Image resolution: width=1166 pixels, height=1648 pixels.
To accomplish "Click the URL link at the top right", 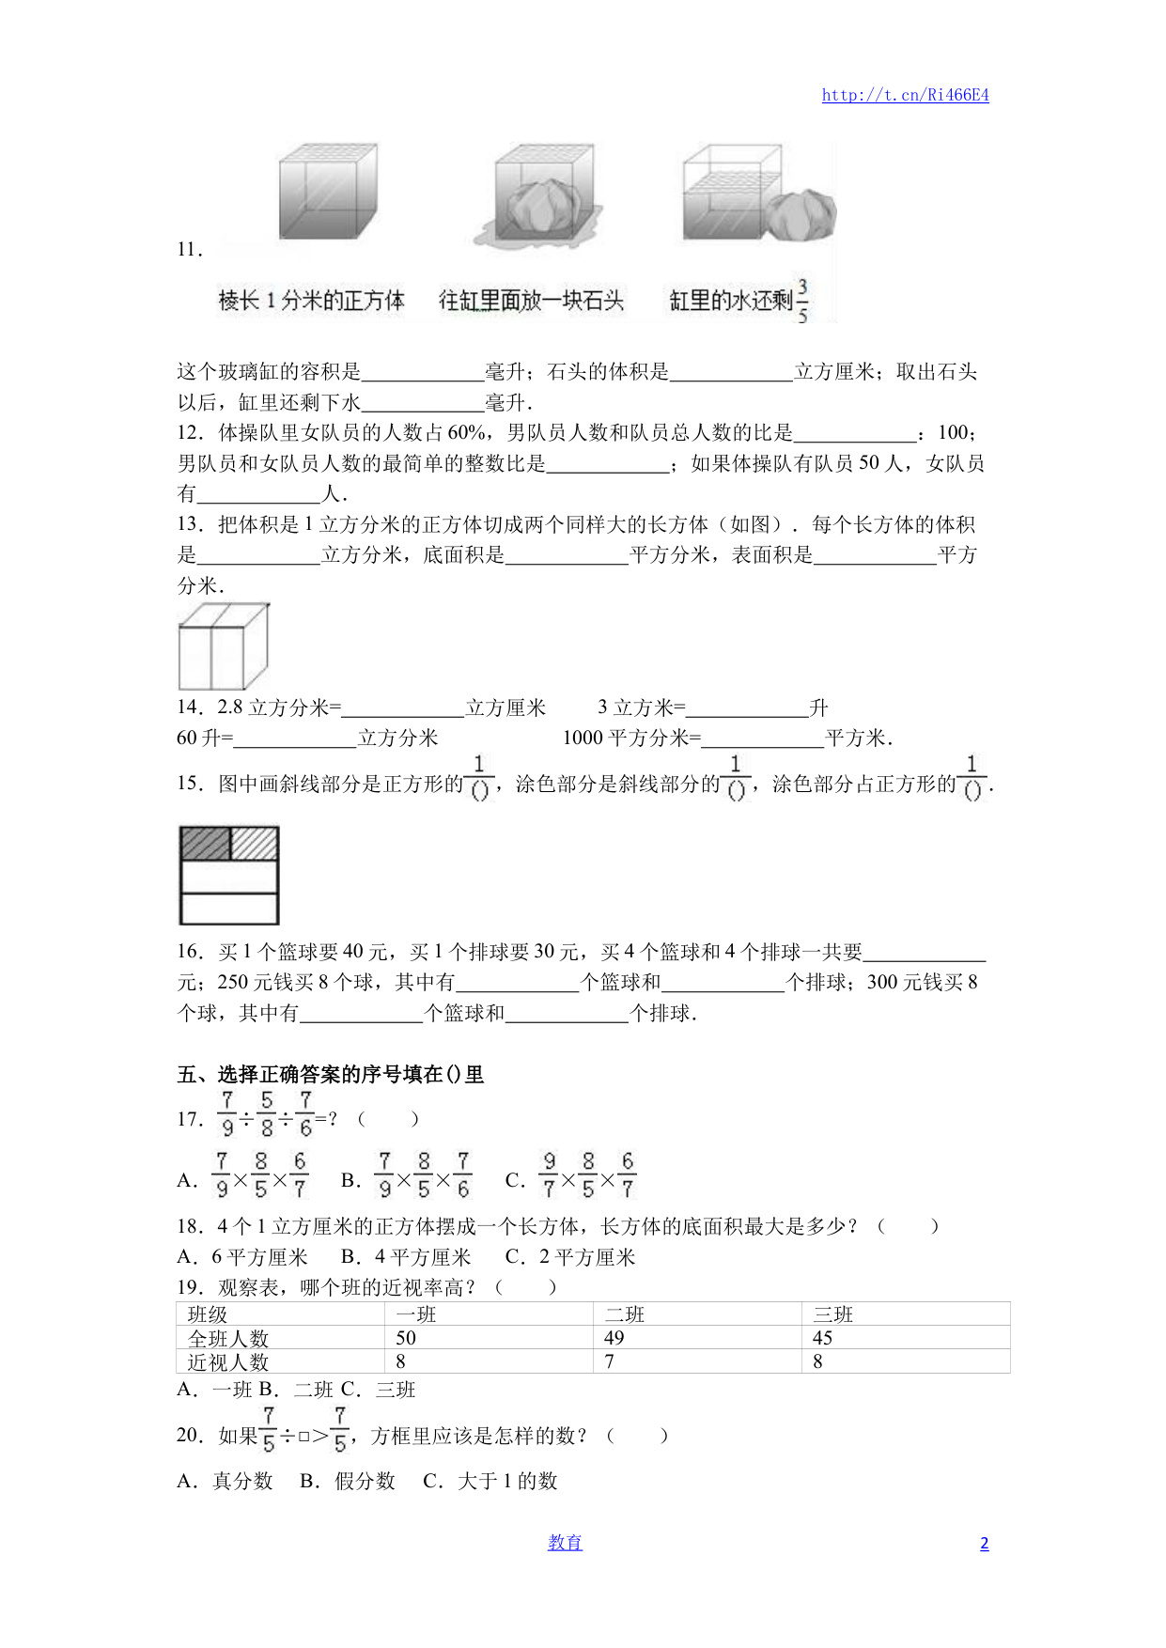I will (905, 95).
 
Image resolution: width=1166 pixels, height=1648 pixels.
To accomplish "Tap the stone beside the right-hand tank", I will (801, 215).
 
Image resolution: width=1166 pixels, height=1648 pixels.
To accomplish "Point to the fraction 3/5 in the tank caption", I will (802, 301).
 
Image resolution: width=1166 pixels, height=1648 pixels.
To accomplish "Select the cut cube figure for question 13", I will (224, 646).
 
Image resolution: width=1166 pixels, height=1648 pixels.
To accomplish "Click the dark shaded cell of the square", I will (205, 844).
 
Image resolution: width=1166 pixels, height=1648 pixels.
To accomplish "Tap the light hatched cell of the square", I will (254, 844).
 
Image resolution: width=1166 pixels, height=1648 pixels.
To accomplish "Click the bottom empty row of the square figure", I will (229, 909).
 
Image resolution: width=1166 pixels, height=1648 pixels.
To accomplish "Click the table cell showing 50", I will (406, 1338).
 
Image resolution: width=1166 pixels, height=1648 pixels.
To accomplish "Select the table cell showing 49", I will (614, 1338).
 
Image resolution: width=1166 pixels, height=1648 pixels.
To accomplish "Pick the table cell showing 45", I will (823, 1338).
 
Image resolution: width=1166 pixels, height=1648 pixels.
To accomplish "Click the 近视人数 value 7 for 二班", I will (610, 1361).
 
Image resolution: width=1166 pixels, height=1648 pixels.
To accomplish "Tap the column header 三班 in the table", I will (833, 1314).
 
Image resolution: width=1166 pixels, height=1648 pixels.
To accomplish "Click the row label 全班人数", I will (228, 1338).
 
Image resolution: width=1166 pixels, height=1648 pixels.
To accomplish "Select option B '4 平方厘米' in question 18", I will (406, 1257).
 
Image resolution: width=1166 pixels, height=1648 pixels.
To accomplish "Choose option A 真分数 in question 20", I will (225, 1482).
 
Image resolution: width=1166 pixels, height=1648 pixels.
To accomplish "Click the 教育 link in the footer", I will (565, 1543).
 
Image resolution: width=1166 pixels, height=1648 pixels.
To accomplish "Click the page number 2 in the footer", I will (984, 1544).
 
